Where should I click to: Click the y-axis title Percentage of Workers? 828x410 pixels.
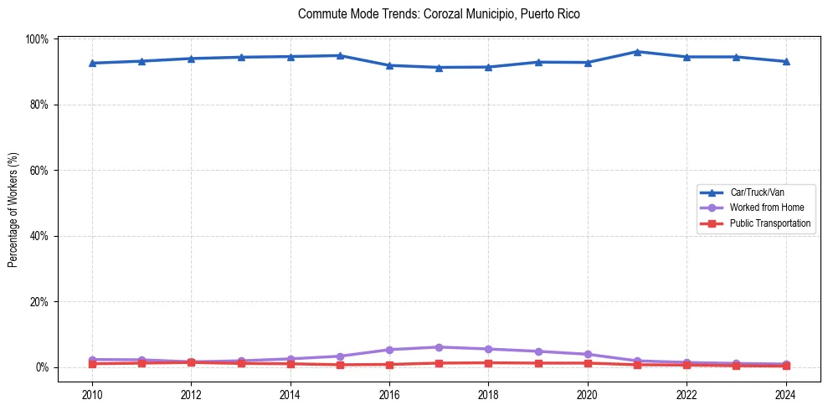click(x=13, y=209)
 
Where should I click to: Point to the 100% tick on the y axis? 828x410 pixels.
click(x=38, y=39)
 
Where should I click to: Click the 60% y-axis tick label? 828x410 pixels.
click(x=39, y=171)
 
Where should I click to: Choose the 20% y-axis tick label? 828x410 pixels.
click(x=39, y=302)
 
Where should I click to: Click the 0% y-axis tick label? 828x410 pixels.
click(x=42, y=367)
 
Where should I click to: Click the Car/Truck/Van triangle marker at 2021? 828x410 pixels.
click(x=637, y=52)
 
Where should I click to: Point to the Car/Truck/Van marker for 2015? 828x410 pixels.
click(x=340, y=55)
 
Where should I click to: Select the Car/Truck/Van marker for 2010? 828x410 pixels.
click(x=92, y=63)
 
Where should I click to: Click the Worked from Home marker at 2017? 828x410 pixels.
click(x=439, y=347)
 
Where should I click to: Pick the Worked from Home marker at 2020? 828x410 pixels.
click(x=588, y=354)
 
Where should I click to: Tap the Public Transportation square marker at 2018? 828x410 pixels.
click(x=488, y=362)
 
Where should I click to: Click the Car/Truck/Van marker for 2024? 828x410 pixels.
click(x=785, y=61)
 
